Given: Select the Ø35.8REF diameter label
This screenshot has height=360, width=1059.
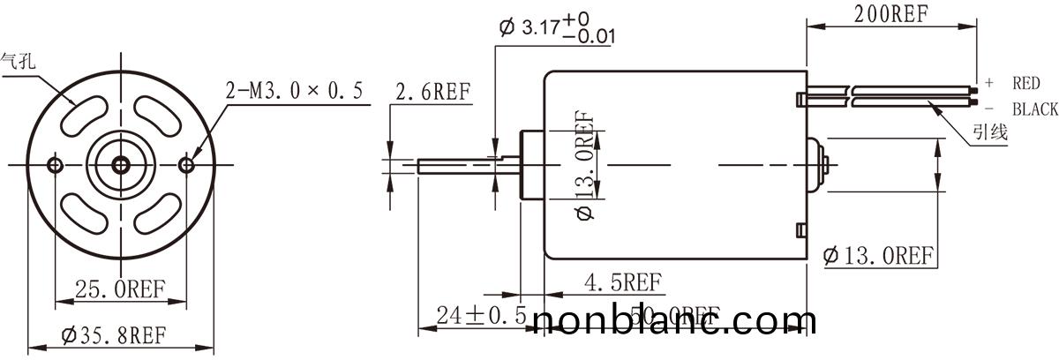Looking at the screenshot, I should click(114, 335).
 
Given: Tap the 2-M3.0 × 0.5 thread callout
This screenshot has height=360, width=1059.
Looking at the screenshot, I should click(295, 91).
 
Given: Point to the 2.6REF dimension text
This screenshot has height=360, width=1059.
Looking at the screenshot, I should click(433, 91).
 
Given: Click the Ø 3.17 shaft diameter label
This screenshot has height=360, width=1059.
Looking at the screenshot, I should click(556, 28).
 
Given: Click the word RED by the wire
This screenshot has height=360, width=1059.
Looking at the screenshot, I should click(1026, 83).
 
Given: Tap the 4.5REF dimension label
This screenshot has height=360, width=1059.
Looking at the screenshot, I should click(623, 282).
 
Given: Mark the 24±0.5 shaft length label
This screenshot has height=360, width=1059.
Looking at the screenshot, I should click(482, 315).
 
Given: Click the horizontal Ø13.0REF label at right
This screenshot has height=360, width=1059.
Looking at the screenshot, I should click(877, 256).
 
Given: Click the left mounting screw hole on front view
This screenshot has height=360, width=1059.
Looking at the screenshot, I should click(56, 165).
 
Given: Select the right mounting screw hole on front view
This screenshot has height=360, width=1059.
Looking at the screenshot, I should click(186, 165).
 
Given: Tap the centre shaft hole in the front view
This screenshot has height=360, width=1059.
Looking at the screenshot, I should click(121, 165).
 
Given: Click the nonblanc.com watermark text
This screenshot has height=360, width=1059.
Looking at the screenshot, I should click(675, 323).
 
